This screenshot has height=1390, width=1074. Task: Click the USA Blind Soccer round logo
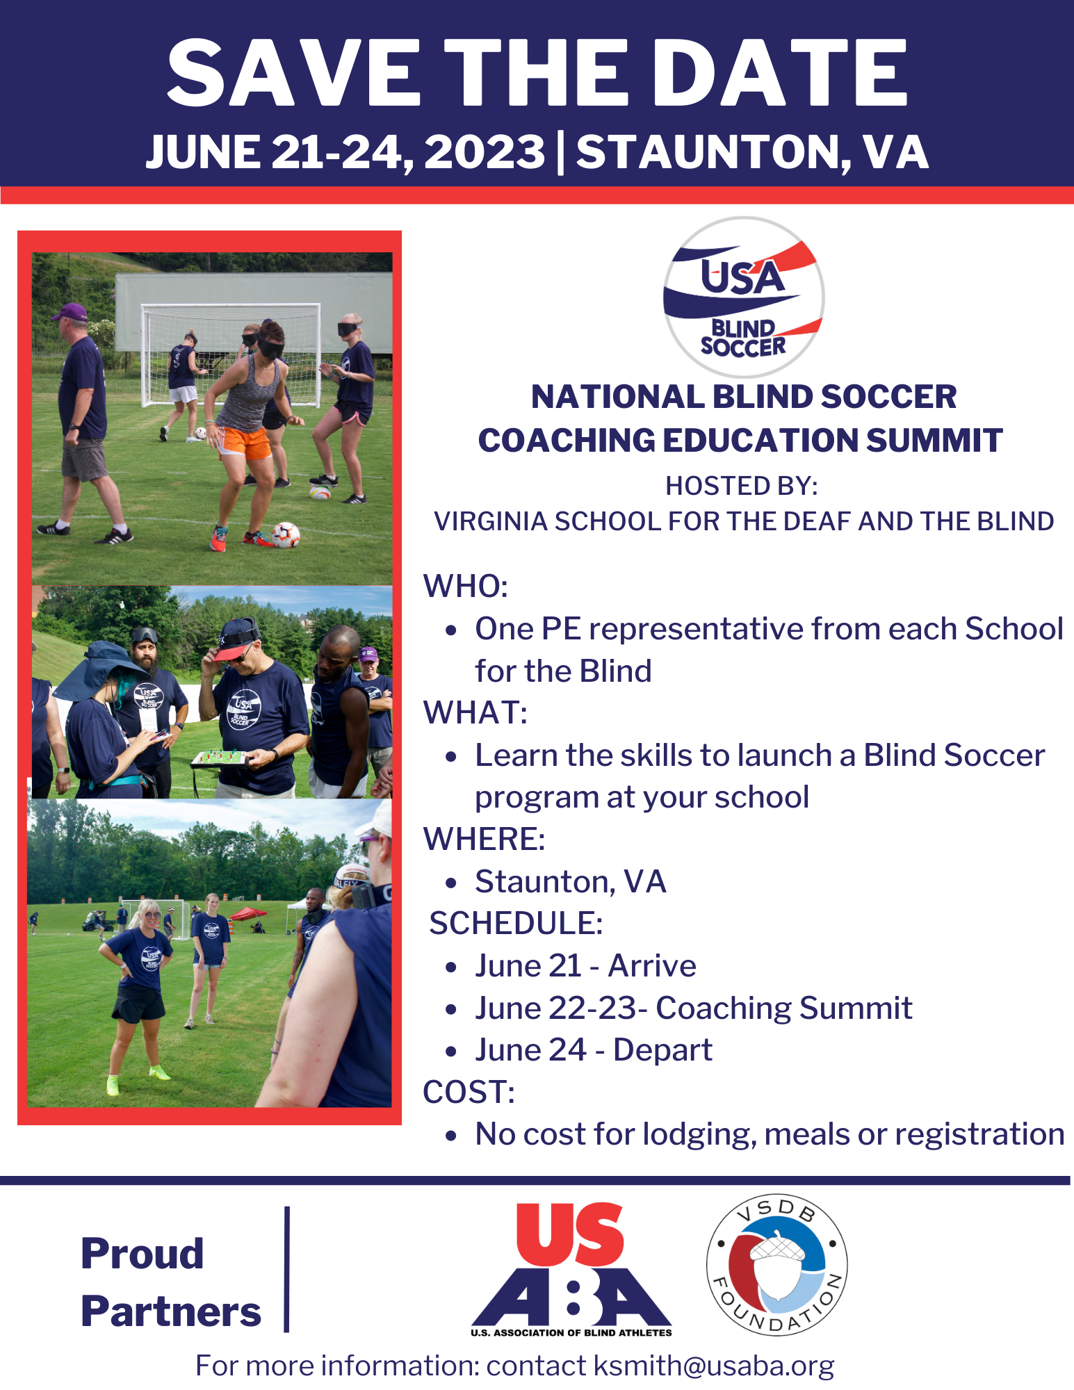pos(743,297)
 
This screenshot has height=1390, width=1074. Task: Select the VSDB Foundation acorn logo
pos(776,1265)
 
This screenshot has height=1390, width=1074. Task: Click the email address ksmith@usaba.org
pos(714,1366)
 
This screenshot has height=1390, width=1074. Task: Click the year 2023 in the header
pos(485,152)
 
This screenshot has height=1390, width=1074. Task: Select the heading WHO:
pos(466,586)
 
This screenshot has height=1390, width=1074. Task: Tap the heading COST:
pos(469,1092)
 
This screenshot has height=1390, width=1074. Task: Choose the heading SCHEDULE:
pos(516,923)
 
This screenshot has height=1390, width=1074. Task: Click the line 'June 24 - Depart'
pos(594,1049)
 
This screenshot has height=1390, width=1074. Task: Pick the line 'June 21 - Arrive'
pos(585,965)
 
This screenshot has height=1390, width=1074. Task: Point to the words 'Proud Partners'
pos(171,1282)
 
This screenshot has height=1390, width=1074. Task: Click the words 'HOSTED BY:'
pos(742,486)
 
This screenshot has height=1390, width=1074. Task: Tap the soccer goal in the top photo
pos(231,354)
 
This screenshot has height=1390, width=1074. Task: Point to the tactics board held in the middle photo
pos(220,758)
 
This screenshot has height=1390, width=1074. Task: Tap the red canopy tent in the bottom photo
pos(247,913)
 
